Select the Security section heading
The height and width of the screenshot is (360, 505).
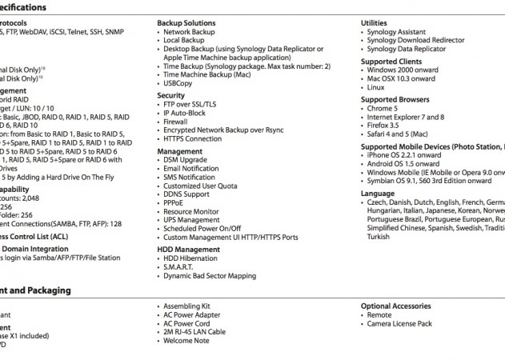(171, 95)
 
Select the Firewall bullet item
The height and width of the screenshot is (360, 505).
(181, 121)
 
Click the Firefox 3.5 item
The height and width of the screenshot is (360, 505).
(385, 126)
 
